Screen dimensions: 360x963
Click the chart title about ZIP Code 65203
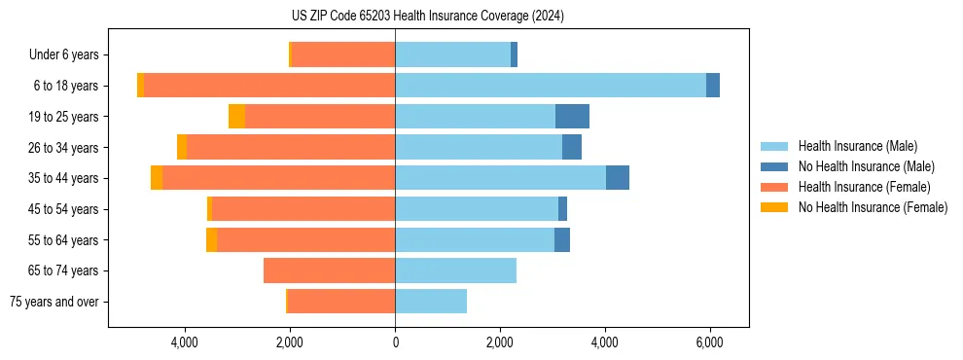pyautogui.click(x=427, y=17)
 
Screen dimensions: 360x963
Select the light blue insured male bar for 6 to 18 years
pyautogui.click(x=550, y=86)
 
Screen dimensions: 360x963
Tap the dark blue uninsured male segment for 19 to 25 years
pyautogui.click(x=572, y=117)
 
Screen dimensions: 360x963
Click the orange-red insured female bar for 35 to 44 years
pyautogui.click(x=278, y=178)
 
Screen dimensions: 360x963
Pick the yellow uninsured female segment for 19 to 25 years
pyautogui.click(x=236, y=117)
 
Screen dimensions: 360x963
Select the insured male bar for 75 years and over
pyautogui.click(x=430, y=302)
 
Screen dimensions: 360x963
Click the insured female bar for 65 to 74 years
pyautogui.click(x=329, y=270)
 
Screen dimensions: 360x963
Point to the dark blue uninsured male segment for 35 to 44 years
pyautogui.click(x=617, y=178)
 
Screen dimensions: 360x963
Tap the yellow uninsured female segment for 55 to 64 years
pyautogui.click(x=211, y=240)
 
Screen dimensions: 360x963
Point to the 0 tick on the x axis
pyautogui.click(x=395, y=342)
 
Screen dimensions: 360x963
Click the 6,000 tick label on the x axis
pyautogui.click(x=709, y=342)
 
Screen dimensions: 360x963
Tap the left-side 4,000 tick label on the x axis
pyautogui.click(x=185, y=342)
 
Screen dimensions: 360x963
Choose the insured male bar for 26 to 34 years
pyautogui.click(x=479, y=148)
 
